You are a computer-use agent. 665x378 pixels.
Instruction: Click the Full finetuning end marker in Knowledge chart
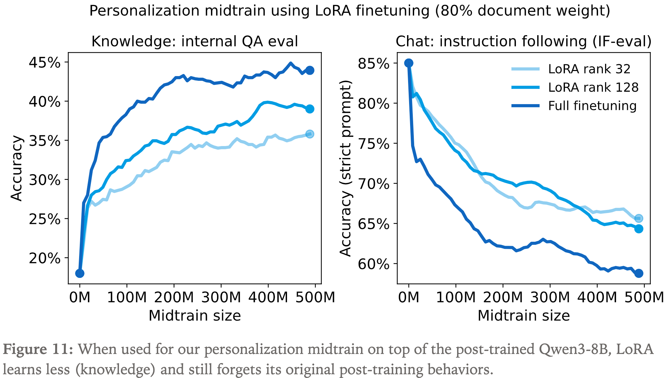point(310,70)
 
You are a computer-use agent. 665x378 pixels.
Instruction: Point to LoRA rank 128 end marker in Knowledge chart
point(310,109)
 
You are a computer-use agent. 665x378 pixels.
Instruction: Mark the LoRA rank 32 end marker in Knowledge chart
point(310,134)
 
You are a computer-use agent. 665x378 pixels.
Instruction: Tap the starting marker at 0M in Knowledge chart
point(80,273)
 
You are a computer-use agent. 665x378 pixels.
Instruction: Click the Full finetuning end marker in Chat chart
point(639,273)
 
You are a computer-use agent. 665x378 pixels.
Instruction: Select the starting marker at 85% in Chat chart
point(409,63)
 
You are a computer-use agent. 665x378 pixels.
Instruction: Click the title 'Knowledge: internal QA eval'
point(195,42)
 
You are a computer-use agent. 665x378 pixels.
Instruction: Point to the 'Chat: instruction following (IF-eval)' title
point(523,42)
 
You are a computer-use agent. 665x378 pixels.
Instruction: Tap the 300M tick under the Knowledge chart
point(221,298)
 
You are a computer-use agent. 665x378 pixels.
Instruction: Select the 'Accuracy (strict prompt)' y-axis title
point(346,168)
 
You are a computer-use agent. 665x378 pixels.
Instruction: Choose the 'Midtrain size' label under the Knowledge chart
point(195,315)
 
